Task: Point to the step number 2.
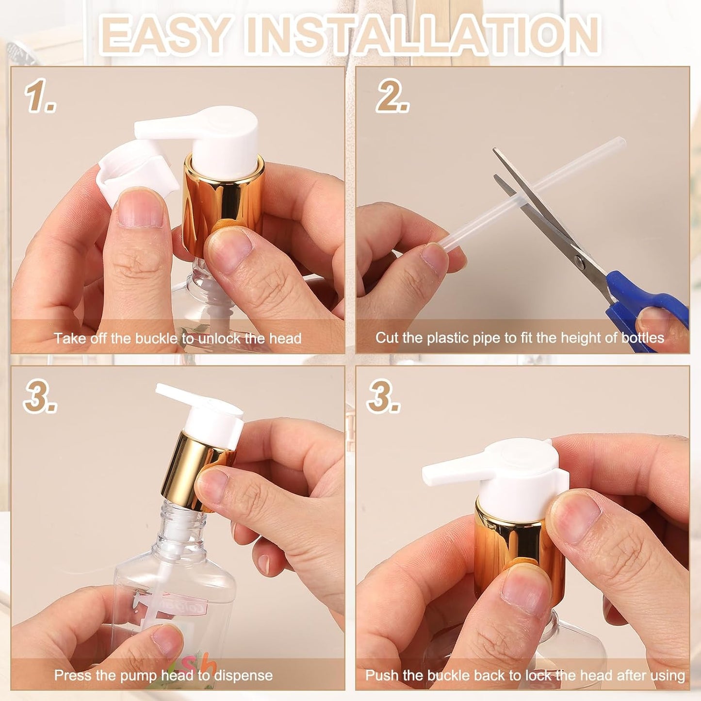(392, 96)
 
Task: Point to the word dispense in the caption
(243, 675)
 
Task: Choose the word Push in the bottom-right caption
(382, 675)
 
